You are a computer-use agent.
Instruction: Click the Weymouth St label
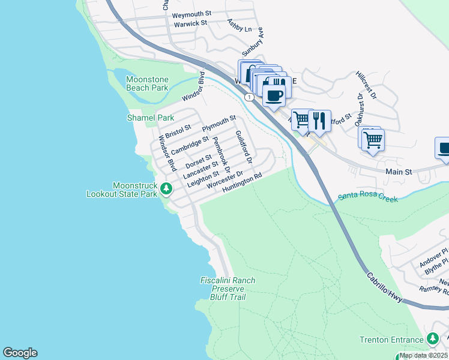pos(191,13)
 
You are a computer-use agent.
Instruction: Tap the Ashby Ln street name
pos(240,25)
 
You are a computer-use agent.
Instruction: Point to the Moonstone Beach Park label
pos(147,83)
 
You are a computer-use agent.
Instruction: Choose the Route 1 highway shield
pos(248,97)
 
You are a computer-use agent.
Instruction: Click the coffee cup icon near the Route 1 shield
pos(274,95)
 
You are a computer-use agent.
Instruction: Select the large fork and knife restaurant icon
pos(319,121)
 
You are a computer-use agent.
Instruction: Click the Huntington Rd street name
pos(243,184)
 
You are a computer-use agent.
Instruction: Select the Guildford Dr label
pos(243,148)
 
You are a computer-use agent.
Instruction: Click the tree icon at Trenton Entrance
pos(432,340)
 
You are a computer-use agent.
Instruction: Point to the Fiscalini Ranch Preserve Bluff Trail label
pos(228,289)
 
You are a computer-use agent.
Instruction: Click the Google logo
pos(20,353)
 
